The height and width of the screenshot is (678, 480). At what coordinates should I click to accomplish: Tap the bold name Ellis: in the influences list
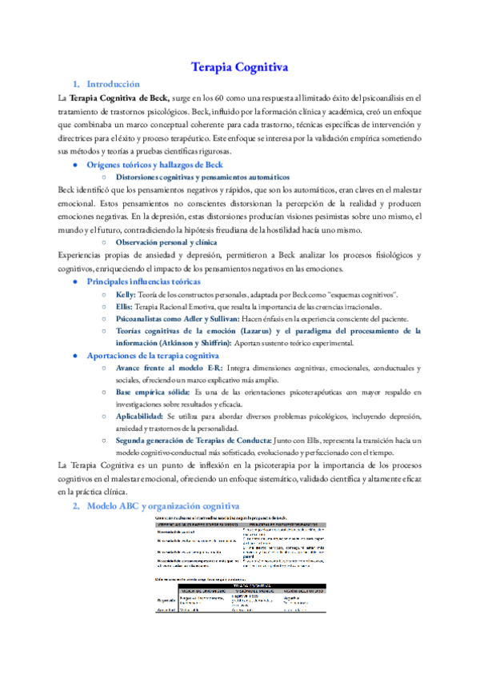click(x=126, y=307)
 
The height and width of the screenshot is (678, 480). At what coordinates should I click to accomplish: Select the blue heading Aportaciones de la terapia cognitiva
click(x=153, y=355)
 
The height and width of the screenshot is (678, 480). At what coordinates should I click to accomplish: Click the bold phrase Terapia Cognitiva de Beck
click(x=119, y=98)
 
